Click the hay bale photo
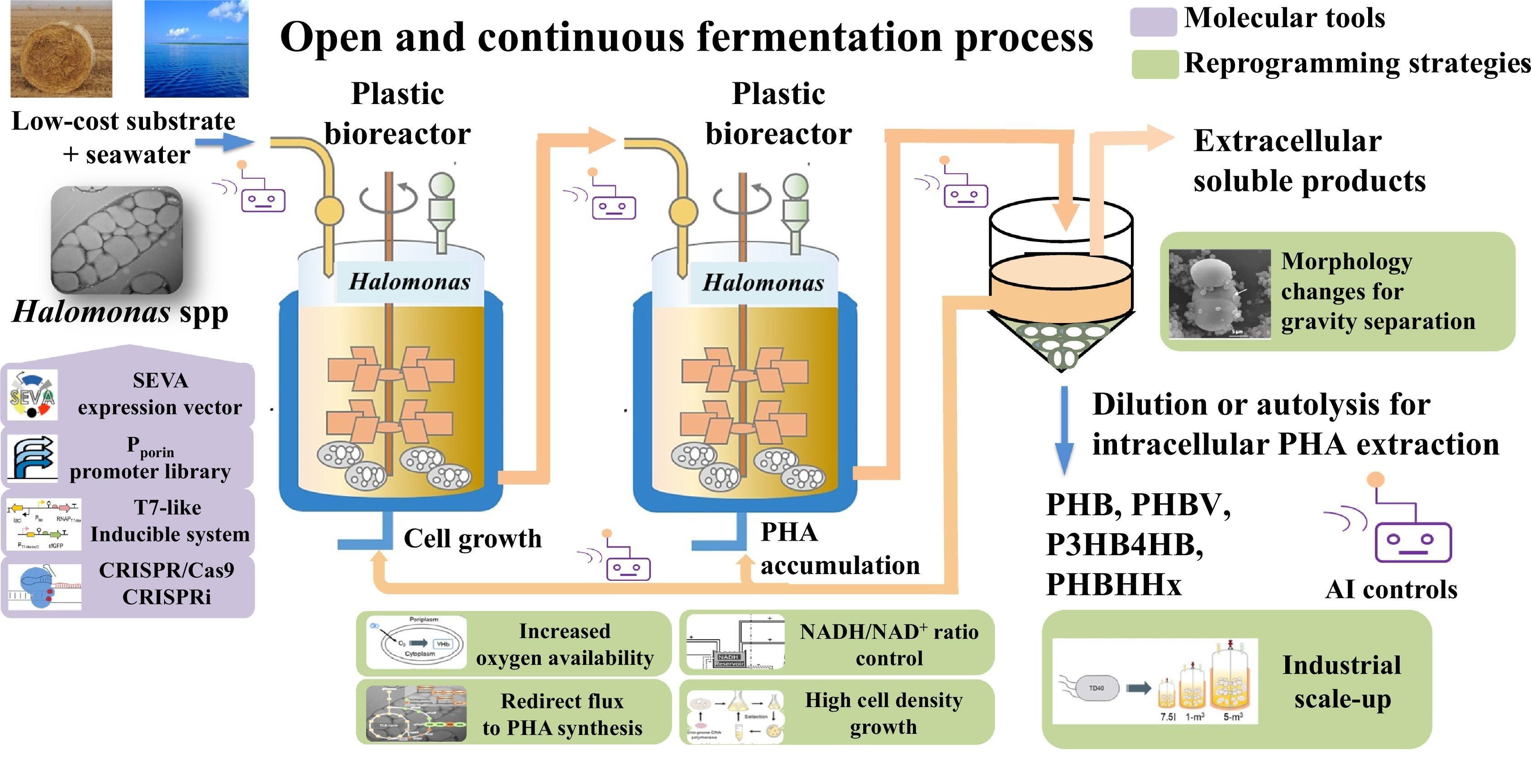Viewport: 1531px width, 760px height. [61, 49]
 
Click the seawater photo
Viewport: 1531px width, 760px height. [196, 49]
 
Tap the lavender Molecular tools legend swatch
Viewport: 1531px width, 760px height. [1153, 21]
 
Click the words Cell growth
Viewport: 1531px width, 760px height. [472, 538]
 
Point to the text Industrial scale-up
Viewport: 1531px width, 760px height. [1342, 682]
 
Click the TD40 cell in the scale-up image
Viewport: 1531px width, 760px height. [1096, 688]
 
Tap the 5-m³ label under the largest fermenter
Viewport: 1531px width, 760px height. [1233, 717]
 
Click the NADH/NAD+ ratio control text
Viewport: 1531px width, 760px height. [888, 645]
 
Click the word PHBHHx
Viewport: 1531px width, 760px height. [1113, 584]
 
